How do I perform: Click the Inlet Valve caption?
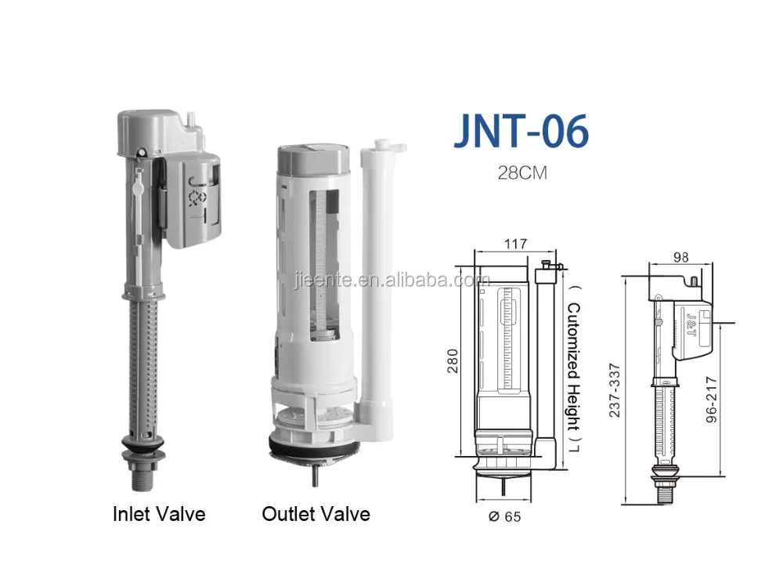158,514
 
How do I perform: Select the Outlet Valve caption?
316,514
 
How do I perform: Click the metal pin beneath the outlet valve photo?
315,477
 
